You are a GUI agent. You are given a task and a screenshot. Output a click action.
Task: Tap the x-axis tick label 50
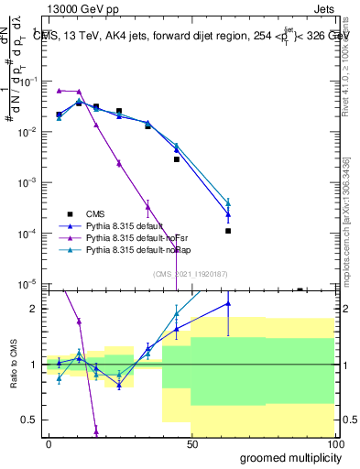pyautogui.click(x=191, y=444)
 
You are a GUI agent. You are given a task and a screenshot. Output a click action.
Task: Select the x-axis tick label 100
pyautogui.click(x=334, y=444)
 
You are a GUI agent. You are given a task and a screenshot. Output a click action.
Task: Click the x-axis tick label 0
pyautogui.click(x=49, y=444)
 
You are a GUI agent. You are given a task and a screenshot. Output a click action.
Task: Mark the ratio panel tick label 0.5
pyautogui.click(x=31, y=420)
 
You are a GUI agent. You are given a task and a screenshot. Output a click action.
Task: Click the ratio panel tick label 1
pyautogui.click(x=35, y=365)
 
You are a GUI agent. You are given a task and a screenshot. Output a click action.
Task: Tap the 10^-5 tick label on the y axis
pyautogui.click(x=28, y=284)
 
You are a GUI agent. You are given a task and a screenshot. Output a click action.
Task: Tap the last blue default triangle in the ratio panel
pyautogui.click(x=228, y=303)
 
